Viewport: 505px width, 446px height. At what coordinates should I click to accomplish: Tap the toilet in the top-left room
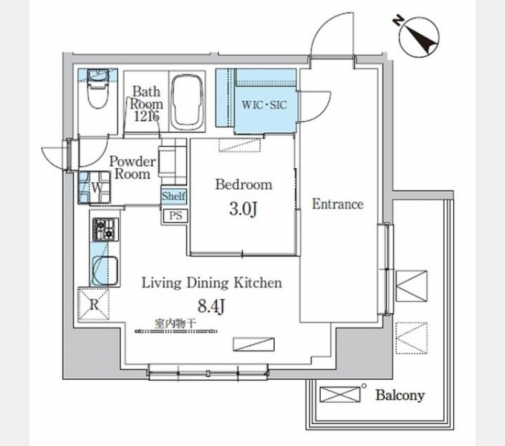98,89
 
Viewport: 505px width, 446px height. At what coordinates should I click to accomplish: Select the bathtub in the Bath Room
187,103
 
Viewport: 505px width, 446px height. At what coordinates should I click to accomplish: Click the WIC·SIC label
264,105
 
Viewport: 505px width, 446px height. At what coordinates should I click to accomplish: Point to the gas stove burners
105,230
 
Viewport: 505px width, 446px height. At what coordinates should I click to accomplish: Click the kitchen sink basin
105,271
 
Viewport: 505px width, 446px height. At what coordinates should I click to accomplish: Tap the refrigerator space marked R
94,305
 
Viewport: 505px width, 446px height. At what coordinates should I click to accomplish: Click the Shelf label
174,196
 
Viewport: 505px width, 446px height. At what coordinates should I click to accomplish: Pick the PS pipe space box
175,216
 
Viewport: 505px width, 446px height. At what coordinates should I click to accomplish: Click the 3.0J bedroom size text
243,210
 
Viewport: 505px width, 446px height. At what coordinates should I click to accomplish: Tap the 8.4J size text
211,306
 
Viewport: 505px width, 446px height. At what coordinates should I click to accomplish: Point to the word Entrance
338,204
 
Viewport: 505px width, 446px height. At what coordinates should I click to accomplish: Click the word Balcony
400,395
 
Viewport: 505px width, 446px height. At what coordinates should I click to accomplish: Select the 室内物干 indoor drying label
175,323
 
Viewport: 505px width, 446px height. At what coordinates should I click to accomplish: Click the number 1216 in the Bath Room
146,116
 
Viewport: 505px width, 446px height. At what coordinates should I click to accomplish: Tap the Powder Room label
133,167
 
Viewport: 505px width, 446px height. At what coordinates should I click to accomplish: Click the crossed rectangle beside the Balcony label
340,395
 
